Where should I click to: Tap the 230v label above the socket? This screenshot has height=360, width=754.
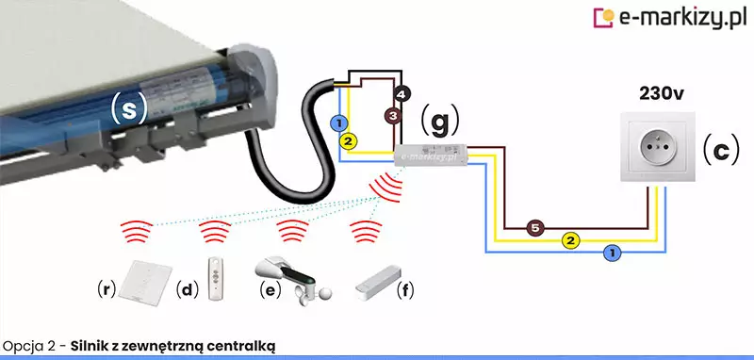click(x=662, y=94)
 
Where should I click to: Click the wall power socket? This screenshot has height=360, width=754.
click(x=657, y=147)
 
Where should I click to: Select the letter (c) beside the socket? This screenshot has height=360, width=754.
click(x=721, y=152)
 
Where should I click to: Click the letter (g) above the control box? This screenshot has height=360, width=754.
click(x=440, y=123)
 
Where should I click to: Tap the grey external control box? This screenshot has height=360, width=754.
click(x=430, y=155)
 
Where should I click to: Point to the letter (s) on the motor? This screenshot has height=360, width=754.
click(x=128, y=108)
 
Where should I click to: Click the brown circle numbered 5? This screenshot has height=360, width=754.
click(x=534, y=228)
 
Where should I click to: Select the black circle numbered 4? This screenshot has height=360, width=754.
click(x=402, y=94)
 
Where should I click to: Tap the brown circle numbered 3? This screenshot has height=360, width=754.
click(x=393, y=116)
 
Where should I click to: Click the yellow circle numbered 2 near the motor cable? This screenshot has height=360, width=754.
click(x=348, y=140)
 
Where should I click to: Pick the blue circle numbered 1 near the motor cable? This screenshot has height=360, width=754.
click(x=339, y=123)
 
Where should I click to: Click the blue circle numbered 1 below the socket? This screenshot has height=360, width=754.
click(x=612, y=252)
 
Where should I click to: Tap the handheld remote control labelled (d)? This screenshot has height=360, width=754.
click(x=216, y=279)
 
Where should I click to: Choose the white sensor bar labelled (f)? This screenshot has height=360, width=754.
click(x=378, y=283)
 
